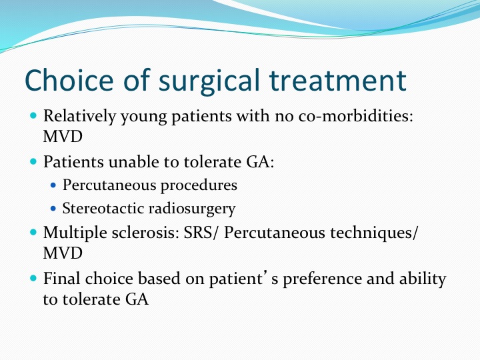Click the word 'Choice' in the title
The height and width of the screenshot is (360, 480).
pos(69,80)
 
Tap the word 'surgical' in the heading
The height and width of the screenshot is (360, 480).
pos(209,82)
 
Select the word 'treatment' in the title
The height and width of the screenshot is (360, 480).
pos(338,81)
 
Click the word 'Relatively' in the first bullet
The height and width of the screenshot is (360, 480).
pos(79,117)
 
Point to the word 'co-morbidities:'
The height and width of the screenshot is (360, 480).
pos(356,116)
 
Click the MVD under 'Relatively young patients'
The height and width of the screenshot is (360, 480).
pos(63,137)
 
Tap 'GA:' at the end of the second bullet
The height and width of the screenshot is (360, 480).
pos(260,161)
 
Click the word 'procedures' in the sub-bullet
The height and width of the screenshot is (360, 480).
pos(199,185)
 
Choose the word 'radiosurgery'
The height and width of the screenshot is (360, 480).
pos(192,209)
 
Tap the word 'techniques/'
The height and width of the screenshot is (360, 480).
pos(373,233)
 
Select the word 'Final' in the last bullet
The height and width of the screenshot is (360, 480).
pos(62,279)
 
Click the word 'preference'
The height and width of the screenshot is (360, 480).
pos(323,279)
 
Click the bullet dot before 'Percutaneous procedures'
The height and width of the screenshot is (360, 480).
pos(53,185)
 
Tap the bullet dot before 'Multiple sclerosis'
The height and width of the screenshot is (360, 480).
pos(33,233)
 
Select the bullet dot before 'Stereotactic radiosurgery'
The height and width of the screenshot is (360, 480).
pos(53,209)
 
